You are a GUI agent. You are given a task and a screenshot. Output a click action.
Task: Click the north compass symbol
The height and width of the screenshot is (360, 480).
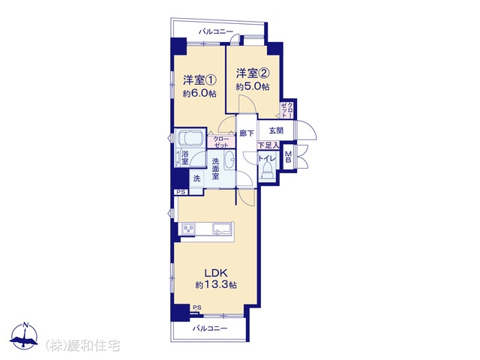point(24,336)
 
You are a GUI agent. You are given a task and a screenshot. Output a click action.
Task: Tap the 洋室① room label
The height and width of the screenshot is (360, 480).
point(200,80)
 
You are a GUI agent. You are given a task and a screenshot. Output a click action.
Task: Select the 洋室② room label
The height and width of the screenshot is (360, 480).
point(253,73)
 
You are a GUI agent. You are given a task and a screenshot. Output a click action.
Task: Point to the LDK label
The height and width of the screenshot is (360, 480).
point(215,272)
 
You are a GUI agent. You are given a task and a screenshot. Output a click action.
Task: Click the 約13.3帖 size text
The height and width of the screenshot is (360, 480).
point(216,285)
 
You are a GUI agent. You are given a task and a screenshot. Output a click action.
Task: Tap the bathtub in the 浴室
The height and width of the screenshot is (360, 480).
point(190,138)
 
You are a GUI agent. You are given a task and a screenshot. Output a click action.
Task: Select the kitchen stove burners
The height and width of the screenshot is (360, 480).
point(188,229)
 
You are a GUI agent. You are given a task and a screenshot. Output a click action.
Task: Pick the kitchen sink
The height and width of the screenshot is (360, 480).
point(223,229)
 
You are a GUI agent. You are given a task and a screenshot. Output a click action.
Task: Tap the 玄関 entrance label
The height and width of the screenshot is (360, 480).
point(276,130)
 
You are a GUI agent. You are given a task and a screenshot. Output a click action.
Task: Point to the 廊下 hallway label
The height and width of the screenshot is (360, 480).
point(247,133)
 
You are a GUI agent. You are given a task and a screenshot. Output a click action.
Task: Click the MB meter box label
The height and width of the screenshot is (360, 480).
point(288,157)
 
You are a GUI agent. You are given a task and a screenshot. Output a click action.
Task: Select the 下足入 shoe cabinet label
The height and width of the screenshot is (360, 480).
point(268,145)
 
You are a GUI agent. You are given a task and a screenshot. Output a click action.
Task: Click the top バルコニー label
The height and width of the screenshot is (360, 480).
point(216,31)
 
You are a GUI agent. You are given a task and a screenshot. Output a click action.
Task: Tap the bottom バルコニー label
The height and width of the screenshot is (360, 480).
point(210,328)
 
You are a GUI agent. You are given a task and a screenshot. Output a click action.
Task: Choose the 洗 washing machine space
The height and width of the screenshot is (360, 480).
point(196,178)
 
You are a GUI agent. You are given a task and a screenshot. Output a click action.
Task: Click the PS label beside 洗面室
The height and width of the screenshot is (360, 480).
point(181,192)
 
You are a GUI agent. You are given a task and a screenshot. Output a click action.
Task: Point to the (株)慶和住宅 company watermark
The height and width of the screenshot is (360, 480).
point(82,346)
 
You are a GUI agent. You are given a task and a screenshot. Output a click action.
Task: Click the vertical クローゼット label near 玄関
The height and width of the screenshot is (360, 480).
point(286,109)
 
